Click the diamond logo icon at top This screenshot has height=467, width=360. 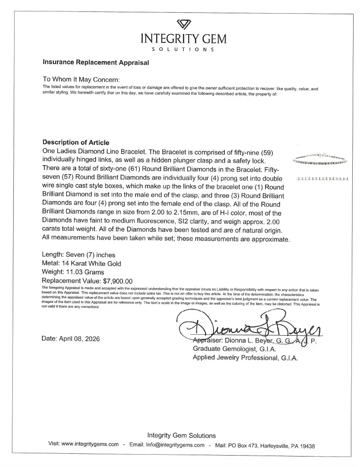(184, 24)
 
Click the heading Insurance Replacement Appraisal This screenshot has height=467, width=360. (96, 62)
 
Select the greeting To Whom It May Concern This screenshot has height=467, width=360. (81, 79)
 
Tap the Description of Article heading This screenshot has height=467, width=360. (76, 142)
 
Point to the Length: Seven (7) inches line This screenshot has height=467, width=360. (78, 255)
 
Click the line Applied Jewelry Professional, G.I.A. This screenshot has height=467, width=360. (245, 358)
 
